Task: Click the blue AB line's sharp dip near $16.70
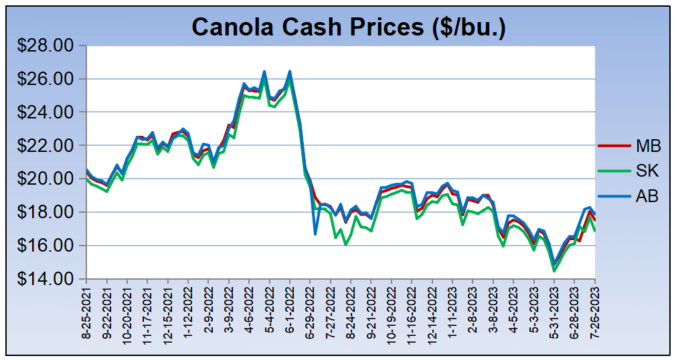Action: click(315, 234)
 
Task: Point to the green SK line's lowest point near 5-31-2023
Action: click(554, 270)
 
